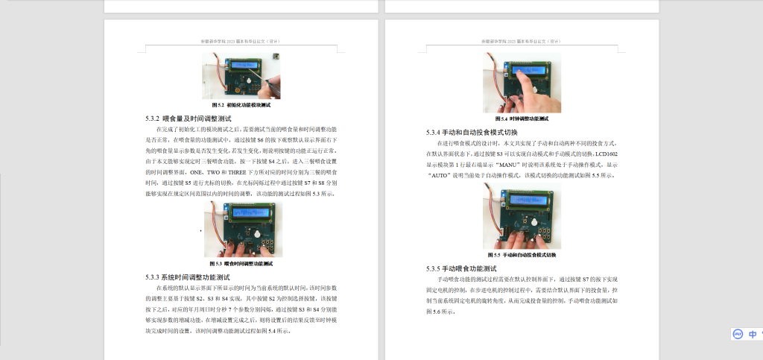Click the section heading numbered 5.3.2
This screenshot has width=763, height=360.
click(189, 118)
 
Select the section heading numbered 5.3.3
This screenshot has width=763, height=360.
click(194, 277)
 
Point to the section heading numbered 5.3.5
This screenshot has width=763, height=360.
click(461, 268)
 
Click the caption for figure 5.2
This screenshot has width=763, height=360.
click(239, 105)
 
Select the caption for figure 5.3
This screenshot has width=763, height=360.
click(241, 263)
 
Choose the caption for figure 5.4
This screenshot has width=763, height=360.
click(522, 119)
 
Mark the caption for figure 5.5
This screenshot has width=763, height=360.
click(522, 254)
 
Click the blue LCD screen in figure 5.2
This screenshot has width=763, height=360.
click(245, 65)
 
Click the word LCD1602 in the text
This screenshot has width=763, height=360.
click(605, 153)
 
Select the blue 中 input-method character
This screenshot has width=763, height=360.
click(753, 335)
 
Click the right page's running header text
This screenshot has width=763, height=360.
click(522, 42)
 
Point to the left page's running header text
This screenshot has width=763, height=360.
click(240, 42)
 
